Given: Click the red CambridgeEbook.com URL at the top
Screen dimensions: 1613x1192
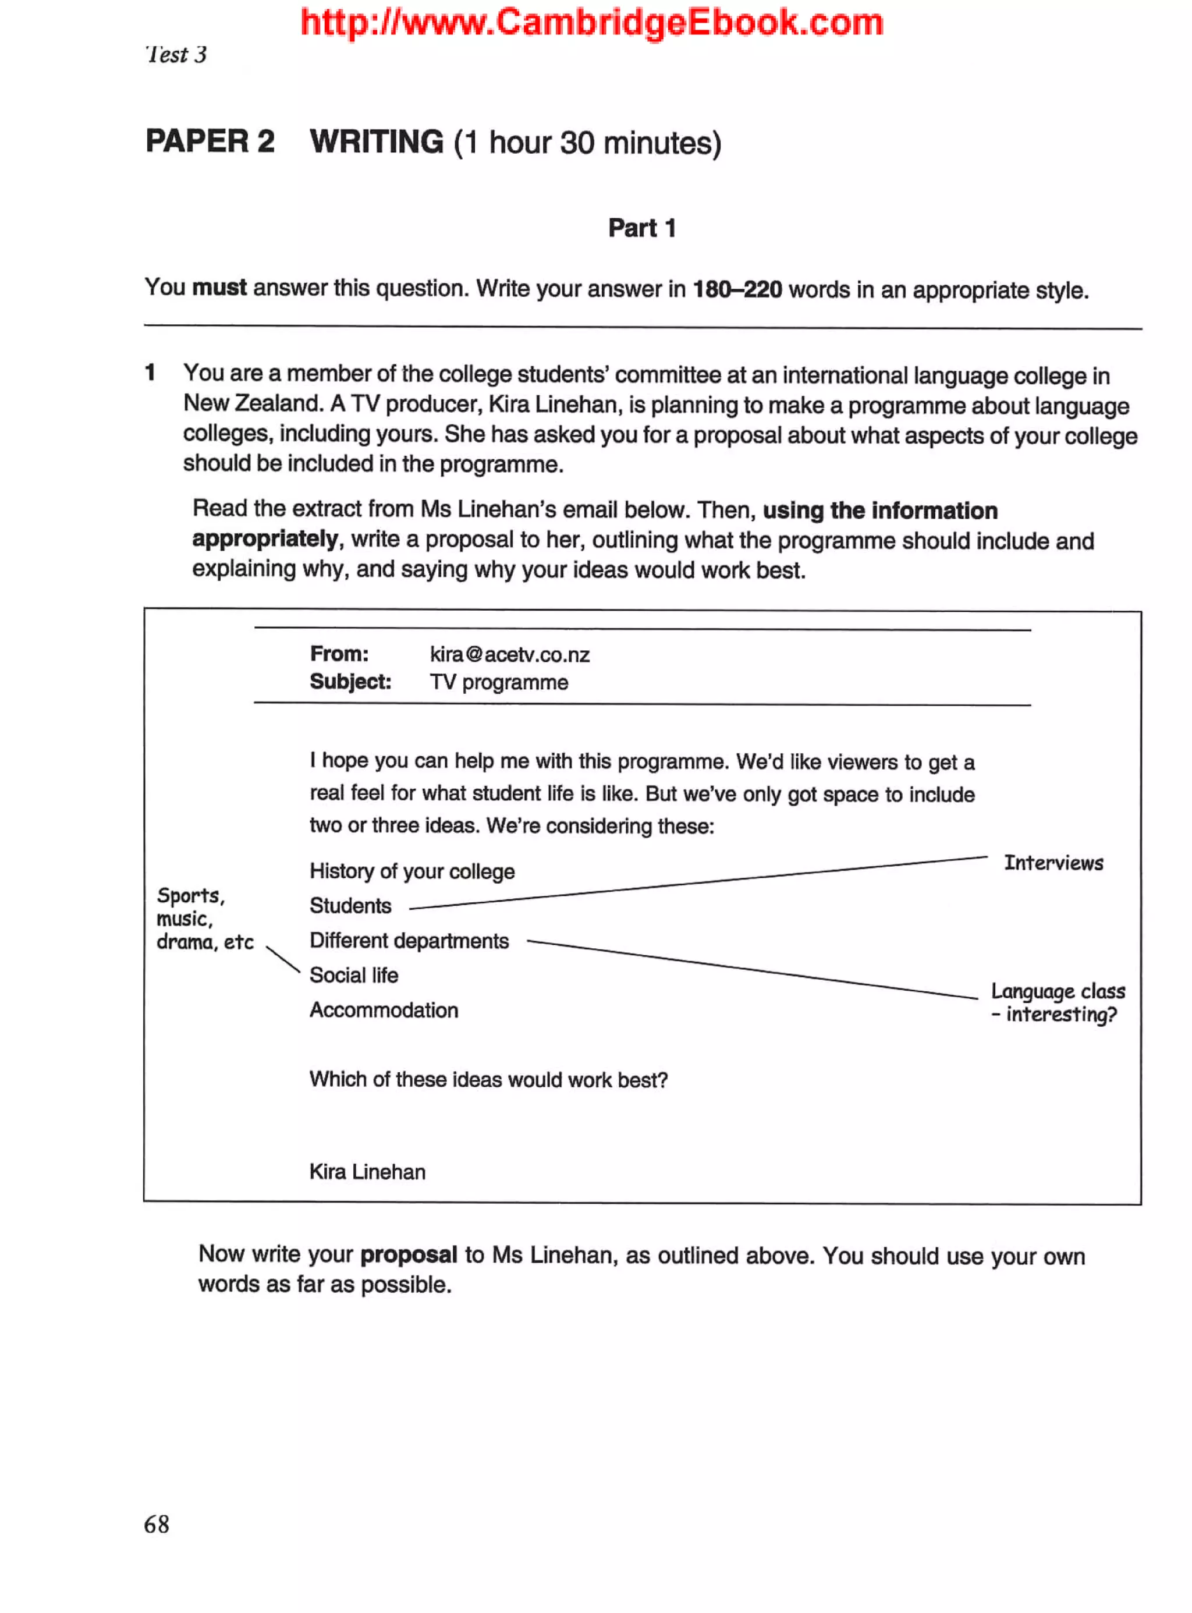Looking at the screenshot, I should (x=592, y=22).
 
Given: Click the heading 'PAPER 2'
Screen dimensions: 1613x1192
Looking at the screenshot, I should (x=210, y=141).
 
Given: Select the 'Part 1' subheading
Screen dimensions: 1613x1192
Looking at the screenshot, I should (x=641, y=228).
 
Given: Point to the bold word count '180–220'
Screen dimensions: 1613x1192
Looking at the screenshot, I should (x=737, y=290).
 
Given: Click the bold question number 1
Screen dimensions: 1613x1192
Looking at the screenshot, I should (x=150, y=373).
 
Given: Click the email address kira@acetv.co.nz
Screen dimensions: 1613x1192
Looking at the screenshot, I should (x=509, y=655).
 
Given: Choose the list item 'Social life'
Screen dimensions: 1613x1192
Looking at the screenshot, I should (x=353, y=975).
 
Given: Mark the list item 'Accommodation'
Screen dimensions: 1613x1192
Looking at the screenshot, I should (x=384, y=1010).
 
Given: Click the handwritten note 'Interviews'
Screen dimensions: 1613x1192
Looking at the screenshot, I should (x=1053, y=863).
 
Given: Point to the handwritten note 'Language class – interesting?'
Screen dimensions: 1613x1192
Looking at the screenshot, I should (x=1057, y=1002).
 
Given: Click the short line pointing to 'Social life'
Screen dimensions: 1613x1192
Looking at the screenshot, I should (x=283, y=960).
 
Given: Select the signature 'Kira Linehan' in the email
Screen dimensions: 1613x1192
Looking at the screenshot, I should (x=367, y=1171).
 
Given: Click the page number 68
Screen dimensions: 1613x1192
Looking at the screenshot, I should (x=157, y=1525).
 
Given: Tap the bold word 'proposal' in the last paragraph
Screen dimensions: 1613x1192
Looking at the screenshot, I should (x=409, y=1254).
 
